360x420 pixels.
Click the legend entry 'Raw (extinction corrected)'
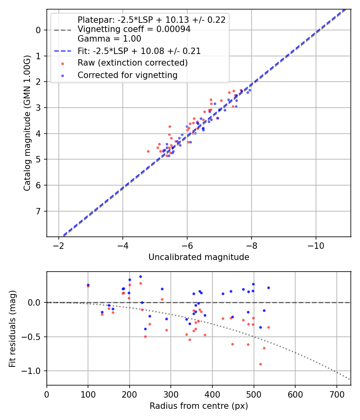click(132, 63)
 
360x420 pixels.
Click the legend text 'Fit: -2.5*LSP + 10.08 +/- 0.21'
click(139, 51)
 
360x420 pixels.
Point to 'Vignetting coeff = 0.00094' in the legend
click(134, 29)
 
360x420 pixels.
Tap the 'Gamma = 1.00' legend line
click(109, 39)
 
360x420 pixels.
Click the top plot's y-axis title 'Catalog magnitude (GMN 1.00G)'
click(27, 123)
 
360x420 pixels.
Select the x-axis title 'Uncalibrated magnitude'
click(199, 257)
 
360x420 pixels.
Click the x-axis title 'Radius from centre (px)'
click(199, 406)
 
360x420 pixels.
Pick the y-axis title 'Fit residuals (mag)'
click(12, 328)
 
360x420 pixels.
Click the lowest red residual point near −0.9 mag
click(260, 364)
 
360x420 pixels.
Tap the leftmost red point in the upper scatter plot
click(148, 151)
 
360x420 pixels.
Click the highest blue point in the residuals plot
click(140, 276)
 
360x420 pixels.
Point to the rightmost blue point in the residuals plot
click(268, 288)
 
